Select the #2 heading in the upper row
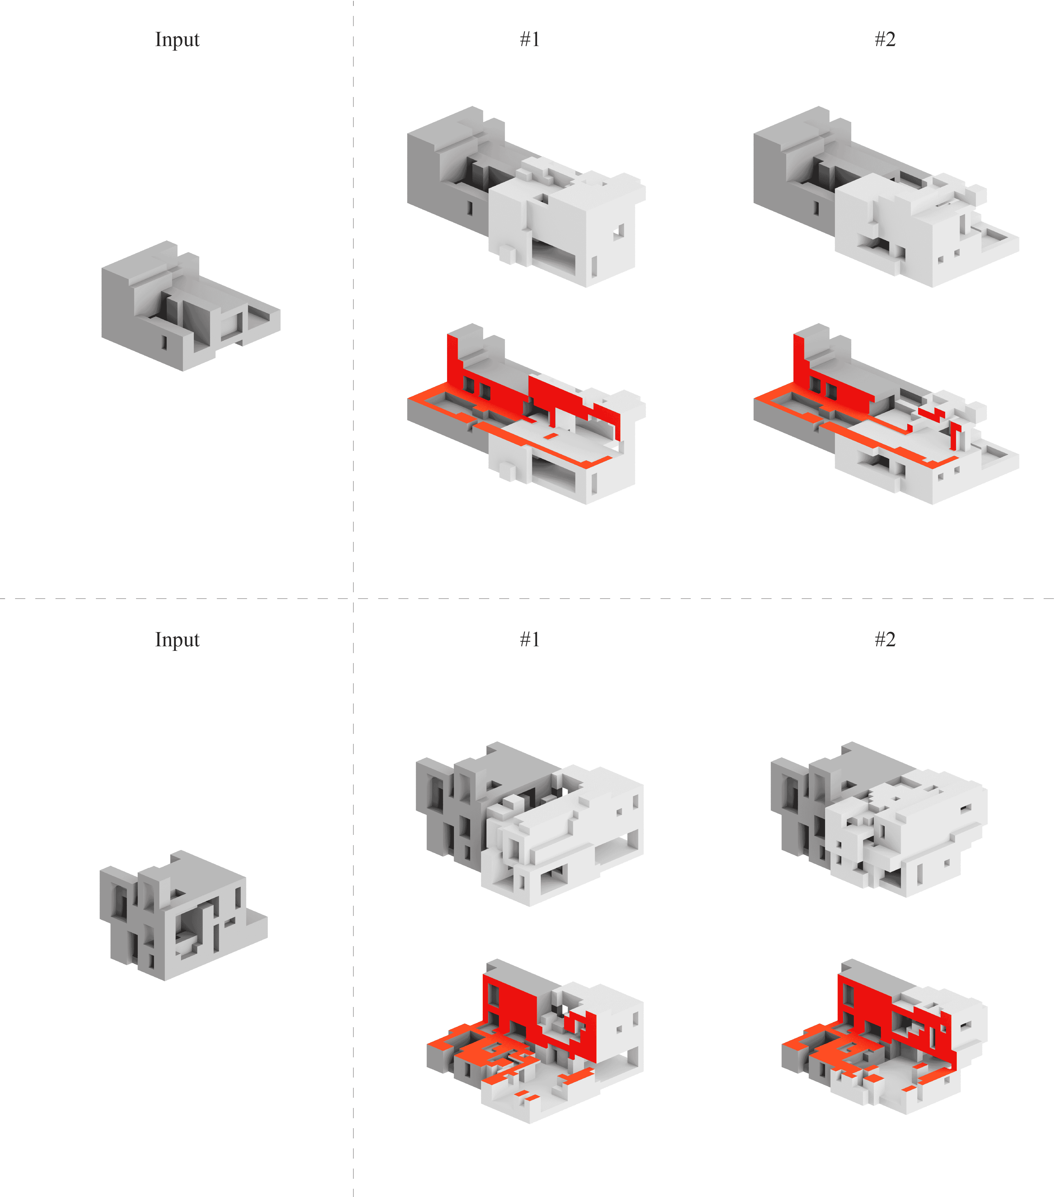(x=885, y=39)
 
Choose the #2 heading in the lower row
(x=885, y=639)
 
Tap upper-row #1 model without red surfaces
(x=526, y=197)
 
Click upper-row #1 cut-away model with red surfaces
(x=526, y=413)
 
